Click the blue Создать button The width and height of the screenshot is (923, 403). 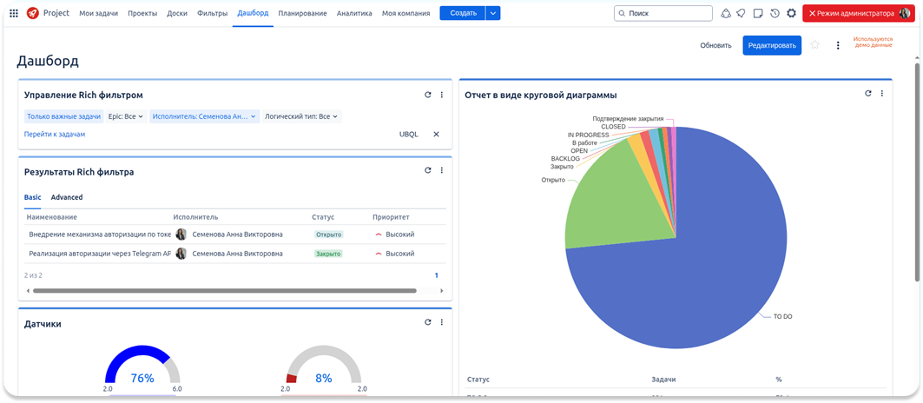(463, 13)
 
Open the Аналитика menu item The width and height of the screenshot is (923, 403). (354, 13)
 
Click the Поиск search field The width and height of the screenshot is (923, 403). (664, 13)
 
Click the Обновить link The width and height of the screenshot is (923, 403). (716, 45)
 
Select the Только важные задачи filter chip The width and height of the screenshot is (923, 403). (63, 116)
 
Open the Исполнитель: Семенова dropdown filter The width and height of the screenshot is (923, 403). (204, 116)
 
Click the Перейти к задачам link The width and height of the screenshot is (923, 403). (55, 135)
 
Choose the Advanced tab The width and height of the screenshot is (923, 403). (67, 197)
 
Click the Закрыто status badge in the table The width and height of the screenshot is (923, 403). (328, 254)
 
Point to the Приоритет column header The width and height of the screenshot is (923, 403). (391, 217)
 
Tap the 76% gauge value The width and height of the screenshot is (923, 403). (142, 378)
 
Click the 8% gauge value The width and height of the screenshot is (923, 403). (324, 378)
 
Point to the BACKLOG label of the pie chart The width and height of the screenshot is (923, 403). (564, 159)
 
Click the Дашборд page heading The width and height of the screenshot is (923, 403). (48, 61)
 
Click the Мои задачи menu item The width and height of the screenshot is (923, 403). (99, 13)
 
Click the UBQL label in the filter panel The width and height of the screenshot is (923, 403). (408, 135)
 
